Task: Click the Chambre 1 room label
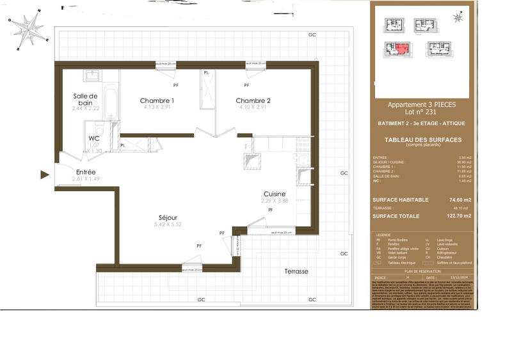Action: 157,100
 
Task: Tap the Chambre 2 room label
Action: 253,100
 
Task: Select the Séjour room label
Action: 168,217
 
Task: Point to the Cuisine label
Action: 274,194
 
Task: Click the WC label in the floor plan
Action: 94,138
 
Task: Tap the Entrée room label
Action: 86,172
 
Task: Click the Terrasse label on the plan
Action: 296,271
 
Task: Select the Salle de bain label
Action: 85,99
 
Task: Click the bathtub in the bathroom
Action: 110,99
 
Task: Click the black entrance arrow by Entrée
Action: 45,174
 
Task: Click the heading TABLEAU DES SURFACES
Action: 422,140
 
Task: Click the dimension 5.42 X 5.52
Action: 168,225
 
